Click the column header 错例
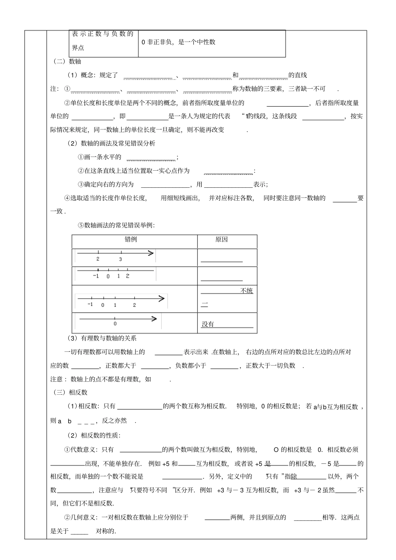(131, 239)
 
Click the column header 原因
(221, 239)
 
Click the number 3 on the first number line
(120, 259)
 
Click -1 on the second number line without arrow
(96, 276)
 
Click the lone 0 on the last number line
(115, 324)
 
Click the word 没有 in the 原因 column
(208, 324)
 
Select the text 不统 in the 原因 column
(246, 291)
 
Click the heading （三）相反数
(70, 392)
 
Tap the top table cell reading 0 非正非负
(178, 42)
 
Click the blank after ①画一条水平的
(151, 158)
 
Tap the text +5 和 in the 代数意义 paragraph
(170, 463)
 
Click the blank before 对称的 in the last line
(80, 532)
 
